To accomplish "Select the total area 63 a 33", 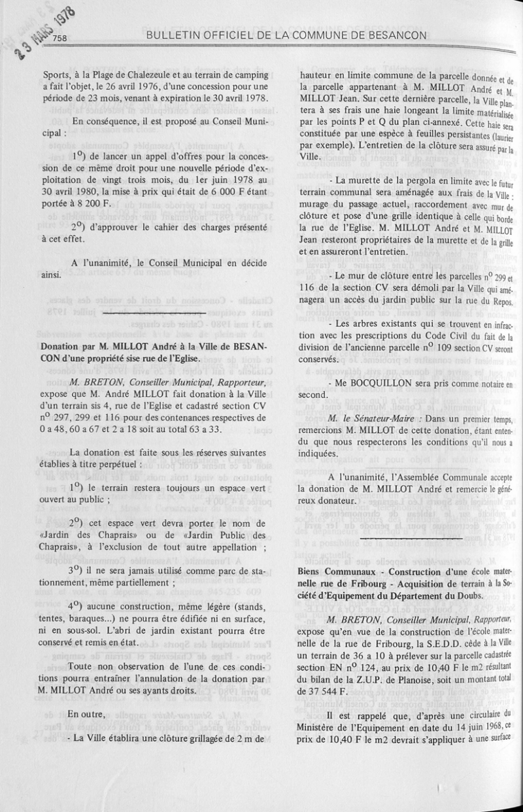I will [205, 428].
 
